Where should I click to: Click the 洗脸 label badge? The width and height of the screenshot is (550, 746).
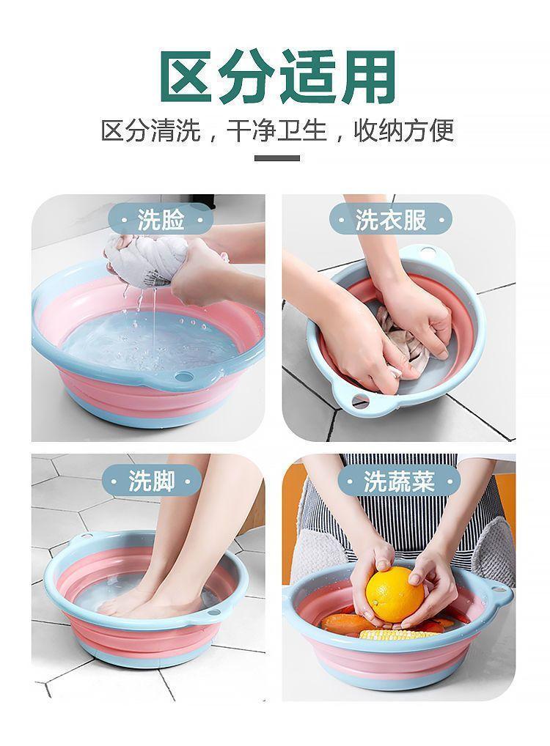pos(161,220)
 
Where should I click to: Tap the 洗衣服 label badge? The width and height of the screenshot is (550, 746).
pos(390,220)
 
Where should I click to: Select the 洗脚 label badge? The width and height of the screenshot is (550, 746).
pos(151,481)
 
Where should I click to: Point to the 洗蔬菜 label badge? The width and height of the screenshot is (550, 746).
pos(399,481)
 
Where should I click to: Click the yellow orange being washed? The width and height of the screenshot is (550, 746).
pos(394,594)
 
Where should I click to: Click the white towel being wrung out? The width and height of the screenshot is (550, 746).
pos(145,261)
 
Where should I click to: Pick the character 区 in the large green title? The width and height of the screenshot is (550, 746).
pos(188,77)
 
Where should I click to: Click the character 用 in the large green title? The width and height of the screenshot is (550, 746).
pos(367,77)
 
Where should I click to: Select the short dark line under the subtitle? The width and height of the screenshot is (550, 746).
pos(276,158)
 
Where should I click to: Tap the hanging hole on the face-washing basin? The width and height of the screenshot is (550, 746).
pos(183,377)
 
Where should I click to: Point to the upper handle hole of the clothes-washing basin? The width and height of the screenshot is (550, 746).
pos(428,251)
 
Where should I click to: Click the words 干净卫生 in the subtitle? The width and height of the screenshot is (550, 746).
pos(276,130)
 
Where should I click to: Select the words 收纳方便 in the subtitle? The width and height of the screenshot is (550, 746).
pos(403,130)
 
